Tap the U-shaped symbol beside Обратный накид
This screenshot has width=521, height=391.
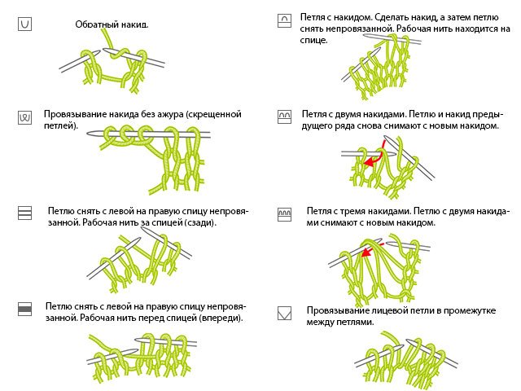click(x=24, y=25)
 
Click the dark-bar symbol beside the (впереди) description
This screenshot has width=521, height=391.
click(x=24, y=307)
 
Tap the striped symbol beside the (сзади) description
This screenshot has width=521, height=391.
click(x=24, y=212)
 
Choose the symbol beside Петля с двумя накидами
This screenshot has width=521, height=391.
click(x=284, y=116)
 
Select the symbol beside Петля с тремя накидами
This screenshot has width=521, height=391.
click(x=284, y=213)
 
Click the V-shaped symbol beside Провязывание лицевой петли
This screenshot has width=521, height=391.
click(x=284, y=312)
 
